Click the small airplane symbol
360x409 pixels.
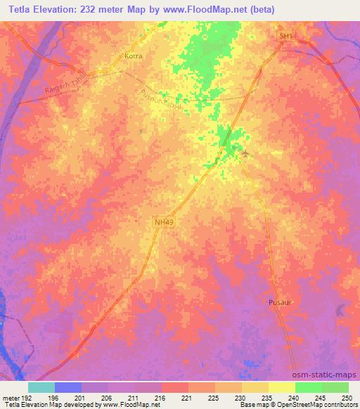244,152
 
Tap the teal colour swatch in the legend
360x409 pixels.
41,387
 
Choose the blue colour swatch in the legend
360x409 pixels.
68,387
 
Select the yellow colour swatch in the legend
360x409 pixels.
281,387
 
